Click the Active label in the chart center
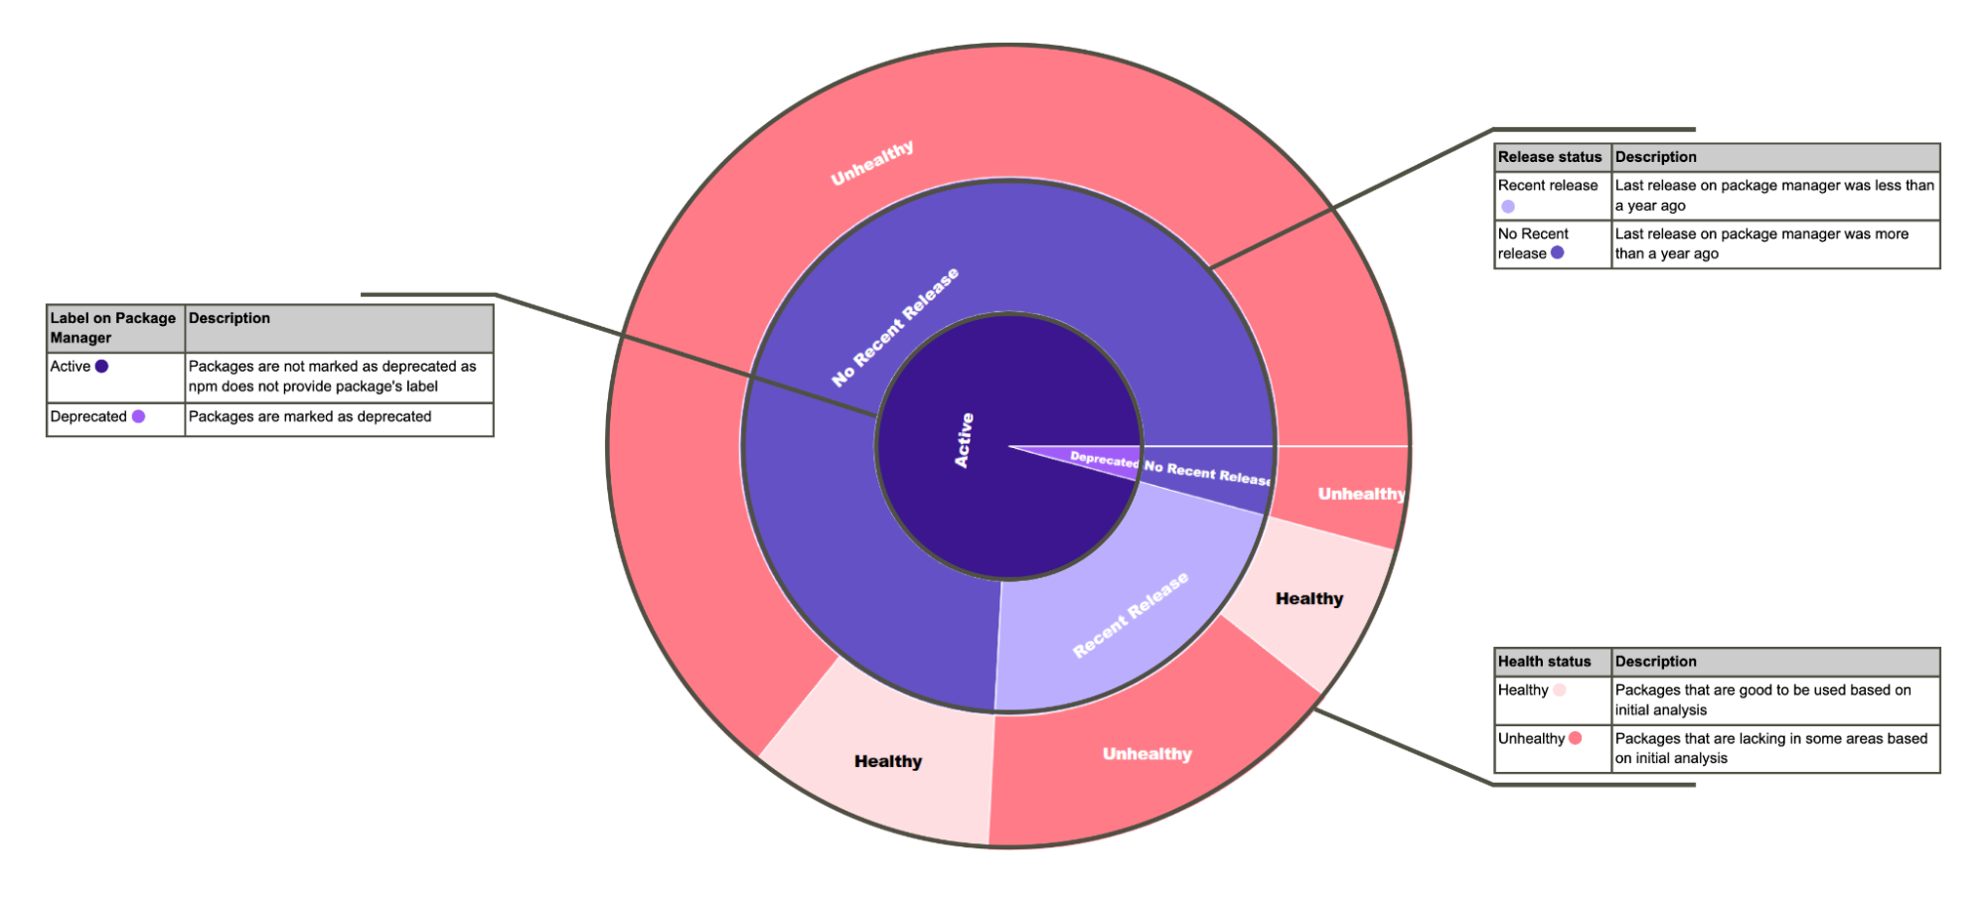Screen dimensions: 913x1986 tap(964, 440)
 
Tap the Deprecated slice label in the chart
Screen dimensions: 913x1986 tap(1104, 459)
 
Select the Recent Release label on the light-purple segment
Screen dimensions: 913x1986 tap(1131, 614)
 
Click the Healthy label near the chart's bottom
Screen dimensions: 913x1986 tap(888, 761)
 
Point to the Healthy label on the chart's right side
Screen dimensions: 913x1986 tap(1309, 598)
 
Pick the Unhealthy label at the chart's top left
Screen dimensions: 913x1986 tap(871, 163)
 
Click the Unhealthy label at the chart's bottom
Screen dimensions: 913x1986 tap(1146, 754)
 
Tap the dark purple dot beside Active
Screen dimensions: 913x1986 tap(101, 367)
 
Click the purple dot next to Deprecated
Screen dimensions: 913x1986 tap(139, 416)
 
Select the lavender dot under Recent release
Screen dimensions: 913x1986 tap(1508, 207)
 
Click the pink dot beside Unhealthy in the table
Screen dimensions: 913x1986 tap(1576, 738)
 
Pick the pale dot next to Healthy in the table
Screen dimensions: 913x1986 tap(1560, 689)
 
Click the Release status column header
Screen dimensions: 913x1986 tap(1550, 157)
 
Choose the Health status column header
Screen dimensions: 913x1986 tap(1544, 662)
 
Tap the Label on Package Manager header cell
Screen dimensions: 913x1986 tap(113, 328)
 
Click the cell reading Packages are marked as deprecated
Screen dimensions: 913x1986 tap(310, 416)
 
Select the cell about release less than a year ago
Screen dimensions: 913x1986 tap(1774, 196)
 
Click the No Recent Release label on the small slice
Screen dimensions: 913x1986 tap(1207, 472)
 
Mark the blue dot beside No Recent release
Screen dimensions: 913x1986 tap(1558, 252)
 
